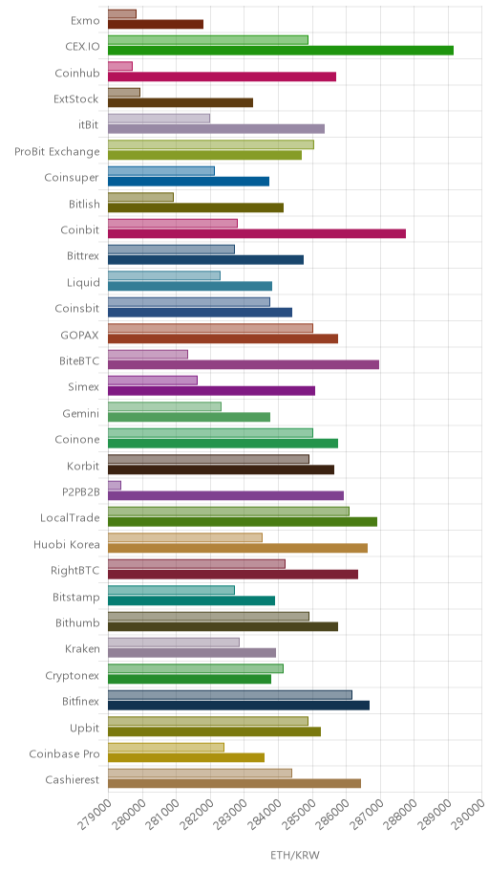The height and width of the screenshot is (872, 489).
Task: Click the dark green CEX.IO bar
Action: point(281,51)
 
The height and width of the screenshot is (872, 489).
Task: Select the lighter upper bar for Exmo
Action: point(121,14)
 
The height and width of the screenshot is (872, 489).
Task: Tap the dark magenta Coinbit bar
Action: point(257,233)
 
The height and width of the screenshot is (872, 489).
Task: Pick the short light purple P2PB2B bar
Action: point(115,486)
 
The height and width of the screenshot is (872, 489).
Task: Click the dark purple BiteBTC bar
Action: point(244,364)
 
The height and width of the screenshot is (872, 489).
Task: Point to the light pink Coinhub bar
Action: point(120,66)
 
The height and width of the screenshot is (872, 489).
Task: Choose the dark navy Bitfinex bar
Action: point(239,706)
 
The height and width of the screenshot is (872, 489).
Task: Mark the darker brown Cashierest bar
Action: point(235,784)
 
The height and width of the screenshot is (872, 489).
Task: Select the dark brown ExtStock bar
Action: point(181,102)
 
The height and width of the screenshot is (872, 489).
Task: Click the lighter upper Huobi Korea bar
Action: point(185,537)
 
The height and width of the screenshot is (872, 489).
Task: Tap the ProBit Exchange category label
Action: point(57,151)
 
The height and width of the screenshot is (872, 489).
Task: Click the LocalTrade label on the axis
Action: point(70,518)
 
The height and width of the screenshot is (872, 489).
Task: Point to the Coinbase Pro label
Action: point(64,753)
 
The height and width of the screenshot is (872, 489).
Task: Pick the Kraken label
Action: point(83,648)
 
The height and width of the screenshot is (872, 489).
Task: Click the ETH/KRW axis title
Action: point(295,855)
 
